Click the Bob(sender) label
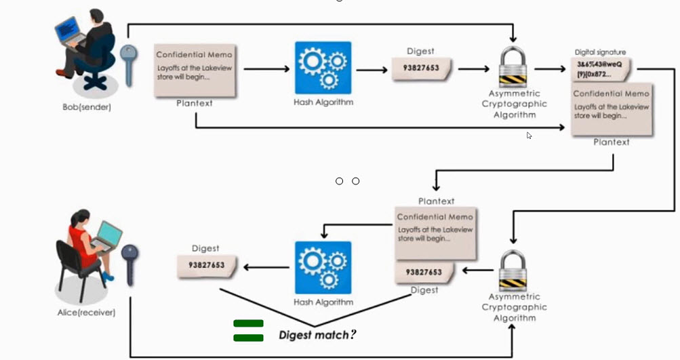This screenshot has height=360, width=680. click(x=82, y=107)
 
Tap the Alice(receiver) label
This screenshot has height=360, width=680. click(x=86, y=313)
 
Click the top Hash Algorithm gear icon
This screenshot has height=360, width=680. click(x=323, y=68)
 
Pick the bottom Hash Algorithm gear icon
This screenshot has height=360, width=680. click(x=323, y=268)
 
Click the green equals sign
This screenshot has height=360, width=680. click(x=248, y=330)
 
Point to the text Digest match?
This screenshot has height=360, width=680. click(x=317, y=335)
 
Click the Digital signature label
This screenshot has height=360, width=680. click(x=600, y=52)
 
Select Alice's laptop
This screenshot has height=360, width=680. click(x=106, y=235)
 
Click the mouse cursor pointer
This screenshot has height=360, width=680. click(x=529, y=135)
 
